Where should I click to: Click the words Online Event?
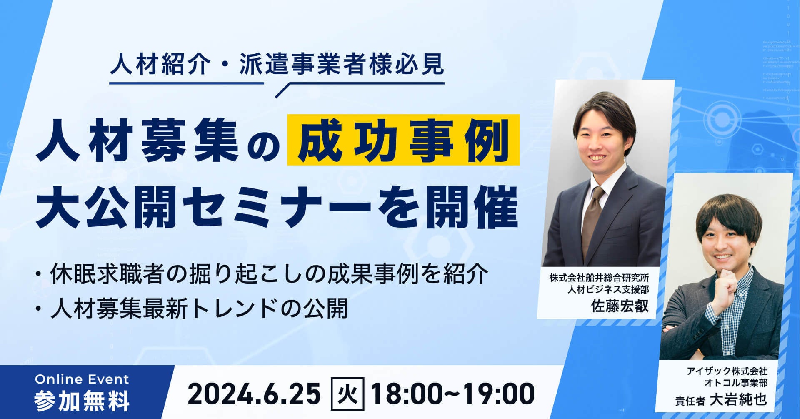(x=82, y=379)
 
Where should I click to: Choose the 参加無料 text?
(x=82, y=400)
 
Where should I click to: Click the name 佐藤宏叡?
(x=620, y=306)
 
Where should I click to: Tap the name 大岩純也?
(x=738, y=399)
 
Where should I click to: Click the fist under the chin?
(x=732, y=283)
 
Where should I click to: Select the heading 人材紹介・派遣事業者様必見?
(x=277, y=65)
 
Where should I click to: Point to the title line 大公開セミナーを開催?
(x=277, y=208)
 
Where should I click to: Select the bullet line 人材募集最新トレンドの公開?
(x=191, y=309)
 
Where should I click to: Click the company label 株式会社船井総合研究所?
(x=599, y=277)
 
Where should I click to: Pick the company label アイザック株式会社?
(x=727, y=371)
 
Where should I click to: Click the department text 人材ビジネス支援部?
(x=608, y=289)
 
